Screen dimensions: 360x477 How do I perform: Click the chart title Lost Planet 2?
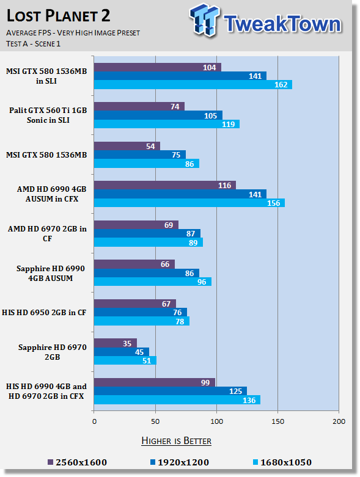[58, 16]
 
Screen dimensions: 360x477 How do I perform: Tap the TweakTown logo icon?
[204, 20]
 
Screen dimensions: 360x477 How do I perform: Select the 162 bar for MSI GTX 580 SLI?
[193, 84]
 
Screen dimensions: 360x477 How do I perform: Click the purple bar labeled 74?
[139, 106]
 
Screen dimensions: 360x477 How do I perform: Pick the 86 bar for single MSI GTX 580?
[147, 164]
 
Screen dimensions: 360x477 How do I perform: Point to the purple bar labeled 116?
[165, 185]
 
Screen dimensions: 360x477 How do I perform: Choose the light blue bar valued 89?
[149, 242]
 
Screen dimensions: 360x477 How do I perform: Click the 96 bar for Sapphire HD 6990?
[153, 282]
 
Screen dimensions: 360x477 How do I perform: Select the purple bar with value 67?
[135, 304]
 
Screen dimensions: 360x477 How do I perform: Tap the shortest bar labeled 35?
[116, 343]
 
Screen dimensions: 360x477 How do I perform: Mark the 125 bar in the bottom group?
[171, 391]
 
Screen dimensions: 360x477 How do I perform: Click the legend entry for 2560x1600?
[77, 462]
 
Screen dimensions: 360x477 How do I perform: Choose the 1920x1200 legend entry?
[180, 462]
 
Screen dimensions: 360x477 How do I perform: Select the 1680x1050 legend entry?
[282, 462]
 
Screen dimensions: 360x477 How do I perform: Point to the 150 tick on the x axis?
[278, 421]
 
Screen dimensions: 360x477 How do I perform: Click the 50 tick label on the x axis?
[155, 421]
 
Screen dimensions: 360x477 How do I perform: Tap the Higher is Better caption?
[177, 441]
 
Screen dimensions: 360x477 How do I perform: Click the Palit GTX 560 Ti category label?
[48, 115]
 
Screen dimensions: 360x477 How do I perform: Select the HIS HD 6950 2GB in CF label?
[44, 313]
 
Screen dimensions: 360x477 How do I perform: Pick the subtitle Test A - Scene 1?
[33, 44]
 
